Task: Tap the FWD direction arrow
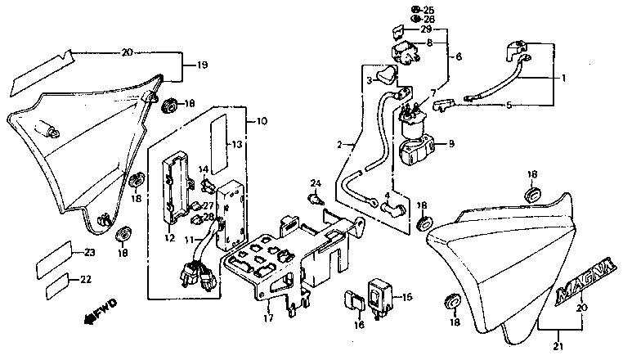[96, 311]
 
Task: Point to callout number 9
[449, 145]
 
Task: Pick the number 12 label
[170, 238]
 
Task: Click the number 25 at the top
[430, 9]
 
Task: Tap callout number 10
[262, 122]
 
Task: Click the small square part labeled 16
[356, 300]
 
